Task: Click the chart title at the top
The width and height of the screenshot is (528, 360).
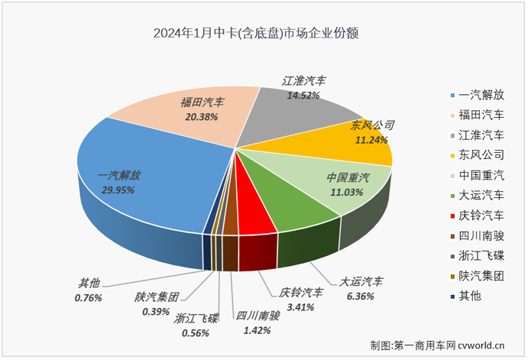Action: pos(257,34)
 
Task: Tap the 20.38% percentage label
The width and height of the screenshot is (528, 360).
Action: pos(200,117)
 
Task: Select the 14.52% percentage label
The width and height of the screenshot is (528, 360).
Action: pos(302,96)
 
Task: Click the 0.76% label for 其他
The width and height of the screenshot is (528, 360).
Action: pos(89,298)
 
